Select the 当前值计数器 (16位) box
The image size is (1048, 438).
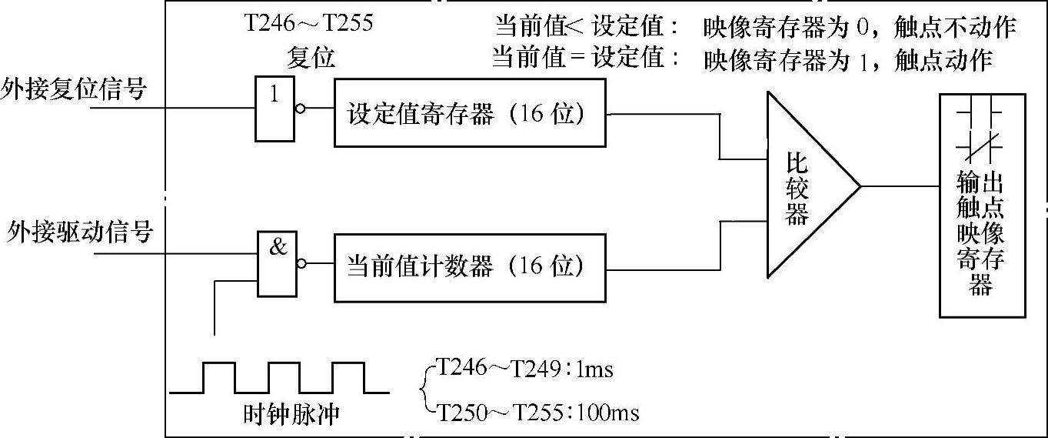[470, 266]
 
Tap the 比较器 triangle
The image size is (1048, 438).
[803, 186]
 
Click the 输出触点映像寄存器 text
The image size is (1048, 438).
[981, 233]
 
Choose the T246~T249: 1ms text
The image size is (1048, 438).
[524, 369]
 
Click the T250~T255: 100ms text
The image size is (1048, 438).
[537, 413]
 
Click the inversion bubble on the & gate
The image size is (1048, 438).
[301, 263]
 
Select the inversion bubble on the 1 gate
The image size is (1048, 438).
[300, 109]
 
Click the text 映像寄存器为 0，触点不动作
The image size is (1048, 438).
[860, 28]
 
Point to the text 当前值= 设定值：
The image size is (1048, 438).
[586, 59]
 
